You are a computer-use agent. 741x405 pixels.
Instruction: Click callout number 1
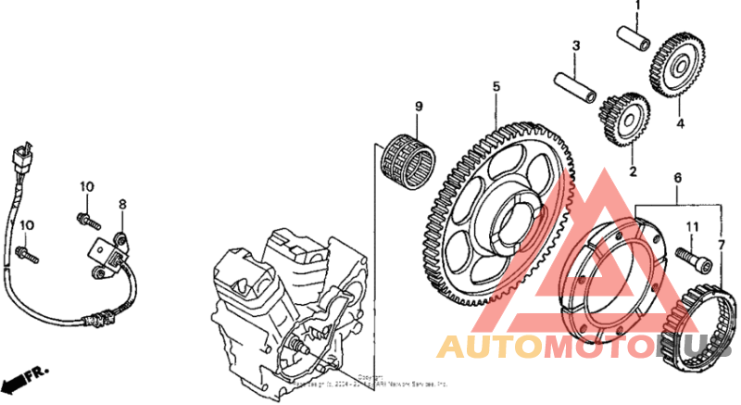point(637,7)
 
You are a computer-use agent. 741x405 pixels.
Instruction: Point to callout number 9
point(418,107)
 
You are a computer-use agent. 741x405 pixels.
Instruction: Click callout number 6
point(677,177)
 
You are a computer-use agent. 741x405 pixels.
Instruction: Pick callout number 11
point(690,226)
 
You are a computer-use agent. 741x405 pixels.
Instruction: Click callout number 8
point(120,204)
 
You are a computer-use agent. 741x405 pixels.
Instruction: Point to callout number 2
point(634,171)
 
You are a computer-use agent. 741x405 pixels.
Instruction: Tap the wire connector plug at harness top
point(22,159)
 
